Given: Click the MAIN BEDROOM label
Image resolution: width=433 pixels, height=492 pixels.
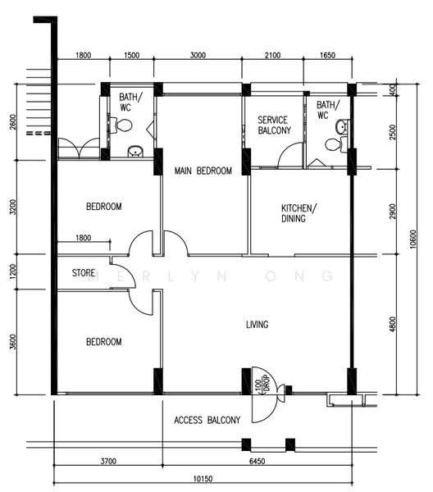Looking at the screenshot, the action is [203, 171].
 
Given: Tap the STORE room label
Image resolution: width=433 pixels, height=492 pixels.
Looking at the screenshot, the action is [84, 273].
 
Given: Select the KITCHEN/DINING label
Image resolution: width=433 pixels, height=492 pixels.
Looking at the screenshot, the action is [299, 213].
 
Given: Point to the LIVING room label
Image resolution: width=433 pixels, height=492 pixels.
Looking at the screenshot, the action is [257, 324].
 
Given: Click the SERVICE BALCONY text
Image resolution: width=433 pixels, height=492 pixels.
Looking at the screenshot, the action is [274, 125].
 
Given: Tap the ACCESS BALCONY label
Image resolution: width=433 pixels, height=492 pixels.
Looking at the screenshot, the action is [207, 420].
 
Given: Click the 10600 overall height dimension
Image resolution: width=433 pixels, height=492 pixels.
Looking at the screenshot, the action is [413, 239].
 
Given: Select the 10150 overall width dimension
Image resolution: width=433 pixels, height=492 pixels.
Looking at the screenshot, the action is [203, 479].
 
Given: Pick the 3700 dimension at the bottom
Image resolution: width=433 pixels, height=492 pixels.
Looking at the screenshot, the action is [108, 461].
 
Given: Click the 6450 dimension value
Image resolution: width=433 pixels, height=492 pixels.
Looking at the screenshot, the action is [257, 461].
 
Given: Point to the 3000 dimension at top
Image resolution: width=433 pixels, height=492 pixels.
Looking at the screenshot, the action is [198, 55].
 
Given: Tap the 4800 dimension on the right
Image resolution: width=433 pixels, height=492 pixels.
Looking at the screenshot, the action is [392, 324].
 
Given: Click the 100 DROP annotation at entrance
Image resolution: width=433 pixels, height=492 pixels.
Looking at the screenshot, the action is [262, 385].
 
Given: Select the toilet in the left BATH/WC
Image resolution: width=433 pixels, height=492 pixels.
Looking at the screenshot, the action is [121, 125].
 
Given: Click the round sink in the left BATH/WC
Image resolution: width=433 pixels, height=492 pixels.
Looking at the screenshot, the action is [135, 151].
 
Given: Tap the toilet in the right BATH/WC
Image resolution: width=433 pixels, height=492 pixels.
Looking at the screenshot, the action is [336, 144].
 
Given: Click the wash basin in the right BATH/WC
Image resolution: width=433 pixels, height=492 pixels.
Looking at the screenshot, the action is [342, 127].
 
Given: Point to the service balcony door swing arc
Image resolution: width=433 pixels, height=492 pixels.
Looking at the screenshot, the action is [286, 150].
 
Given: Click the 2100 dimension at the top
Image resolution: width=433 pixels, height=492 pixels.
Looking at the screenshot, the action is [272, 55].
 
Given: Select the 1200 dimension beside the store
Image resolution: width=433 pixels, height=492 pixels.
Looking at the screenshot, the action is [12, 271].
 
